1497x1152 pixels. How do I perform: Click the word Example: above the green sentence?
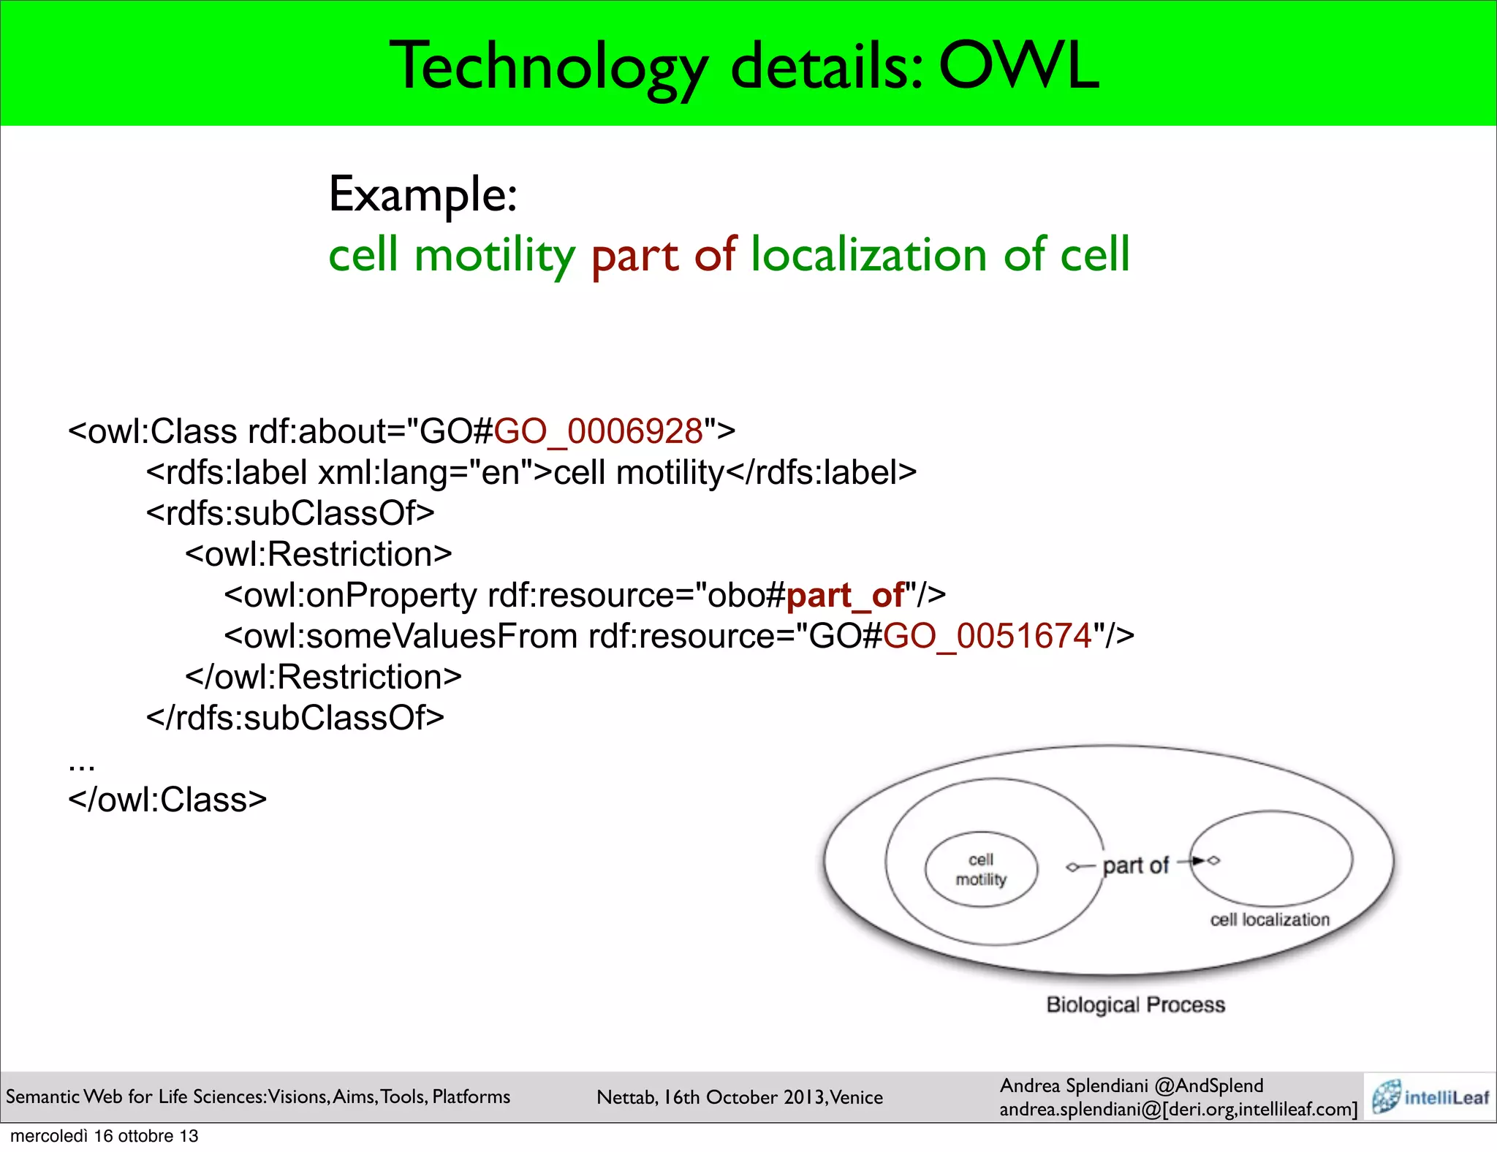423,194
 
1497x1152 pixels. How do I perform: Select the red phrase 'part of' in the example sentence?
663,255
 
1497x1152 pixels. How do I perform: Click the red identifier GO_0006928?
598,431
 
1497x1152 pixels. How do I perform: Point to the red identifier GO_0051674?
987,636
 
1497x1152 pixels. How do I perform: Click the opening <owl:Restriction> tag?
318,554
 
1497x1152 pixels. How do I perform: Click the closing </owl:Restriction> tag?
323,677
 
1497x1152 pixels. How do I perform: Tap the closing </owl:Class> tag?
167,800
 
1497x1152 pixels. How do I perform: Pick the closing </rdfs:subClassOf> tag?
295,718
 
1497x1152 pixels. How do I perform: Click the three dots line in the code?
81,765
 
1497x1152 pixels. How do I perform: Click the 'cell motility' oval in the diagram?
981,870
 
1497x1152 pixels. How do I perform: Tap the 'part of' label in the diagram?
1135,865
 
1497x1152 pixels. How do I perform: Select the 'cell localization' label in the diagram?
1270,920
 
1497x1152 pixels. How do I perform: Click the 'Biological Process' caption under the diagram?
1135,1004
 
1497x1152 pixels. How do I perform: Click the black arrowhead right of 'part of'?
1199,860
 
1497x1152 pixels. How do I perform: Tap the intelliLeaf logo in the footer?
1430,1097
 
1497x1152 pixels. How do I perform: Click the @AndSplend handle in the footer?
1209,1085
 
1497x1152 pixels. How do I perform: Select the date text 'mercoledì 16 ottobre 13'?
104,1136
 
